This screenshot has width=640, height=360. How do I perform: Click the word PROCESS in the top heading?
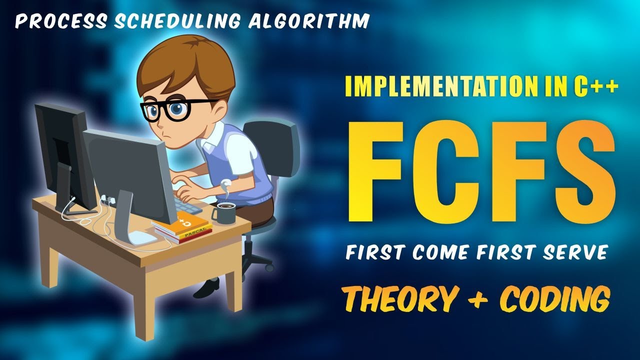coord(61,21)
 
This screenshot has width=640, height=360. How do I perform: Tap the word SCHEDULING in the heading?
coord(177,21)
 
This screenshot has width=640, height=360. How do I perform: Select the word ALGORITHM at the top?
coord(309,21)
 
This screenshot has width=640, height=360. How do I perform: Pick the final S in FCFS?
coord(585,171)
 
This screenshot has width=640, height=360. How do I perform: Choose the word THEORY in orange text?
coord(400,299)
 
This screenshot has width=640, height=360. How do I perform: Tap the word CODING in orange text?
coord(555,299)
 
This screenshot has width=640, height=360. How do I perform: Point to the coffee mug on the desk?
coord(224,213)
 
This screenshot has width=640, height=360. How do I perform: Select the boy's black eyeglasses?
coord(175,109)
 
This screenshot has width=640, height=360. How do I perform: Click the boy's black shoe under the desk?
coord(206,287)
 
